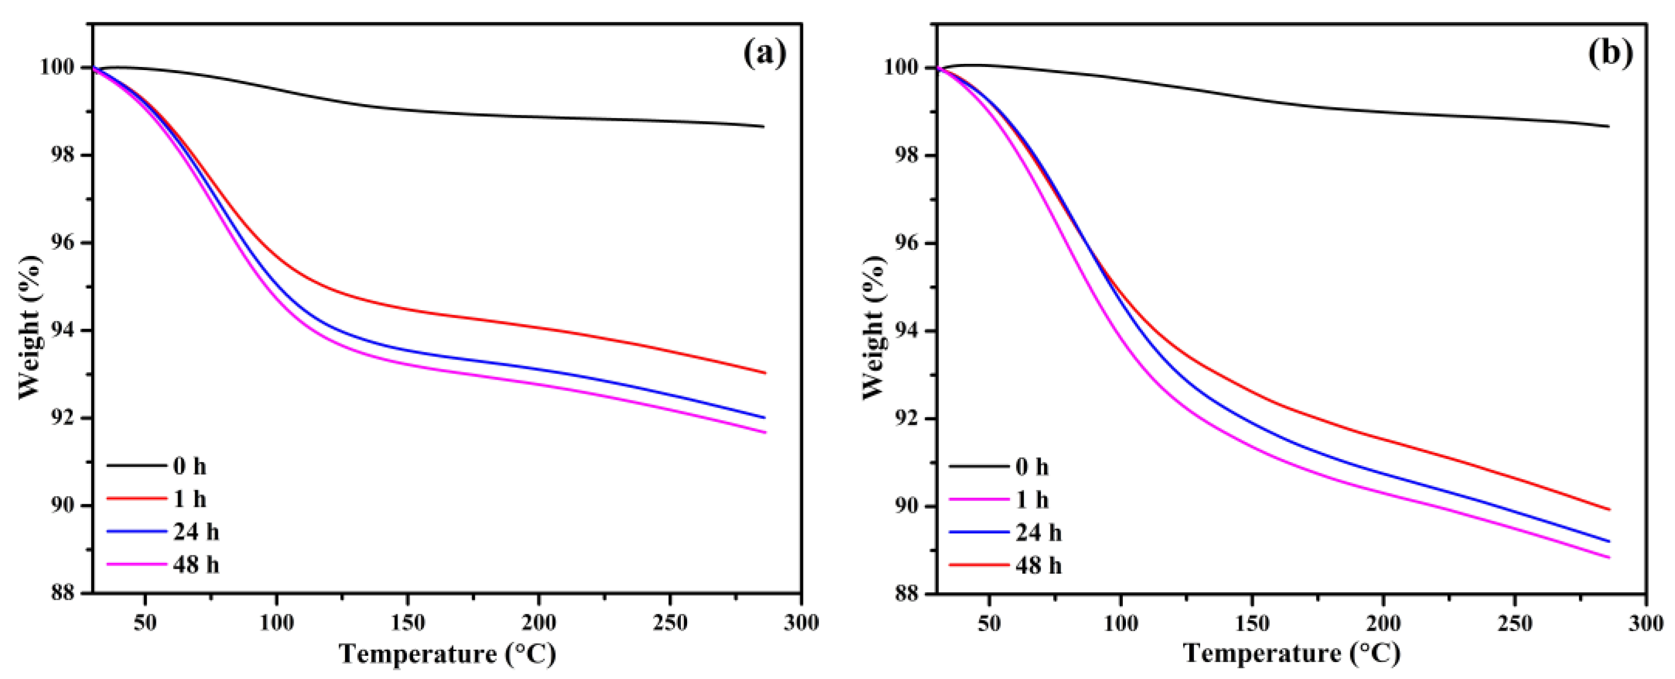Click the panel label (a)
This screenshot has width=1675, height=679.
pos(765,54)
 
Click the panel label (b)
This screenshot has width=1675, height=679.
pos(1610,54)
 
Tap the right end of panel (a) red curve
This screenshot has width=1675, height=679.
pos(765,372)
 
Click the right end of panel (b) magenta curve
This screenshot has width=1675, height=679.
pos(1609,557)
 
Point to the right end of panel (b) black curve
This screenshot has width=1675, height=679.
pos(1609,126)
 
